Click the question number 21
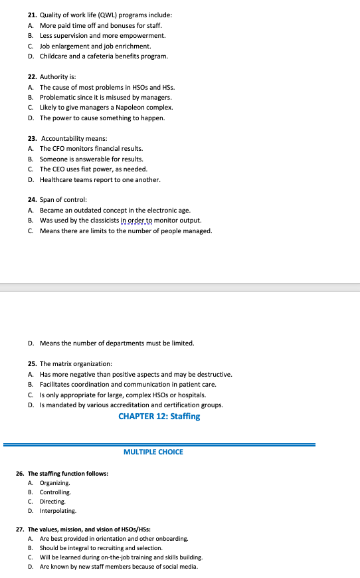(33, 15)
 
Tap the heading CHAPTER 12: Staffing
(159, 417)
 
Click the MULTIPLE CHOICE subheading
(153, 452)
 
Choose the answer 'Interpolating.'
(58, 511)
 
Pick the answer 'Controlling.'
(55, 492)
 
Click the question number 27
(20, 529)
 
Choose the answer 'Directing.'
(52, 502)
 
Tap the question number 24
(33, 200)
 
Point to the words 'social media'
(181, 567)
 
